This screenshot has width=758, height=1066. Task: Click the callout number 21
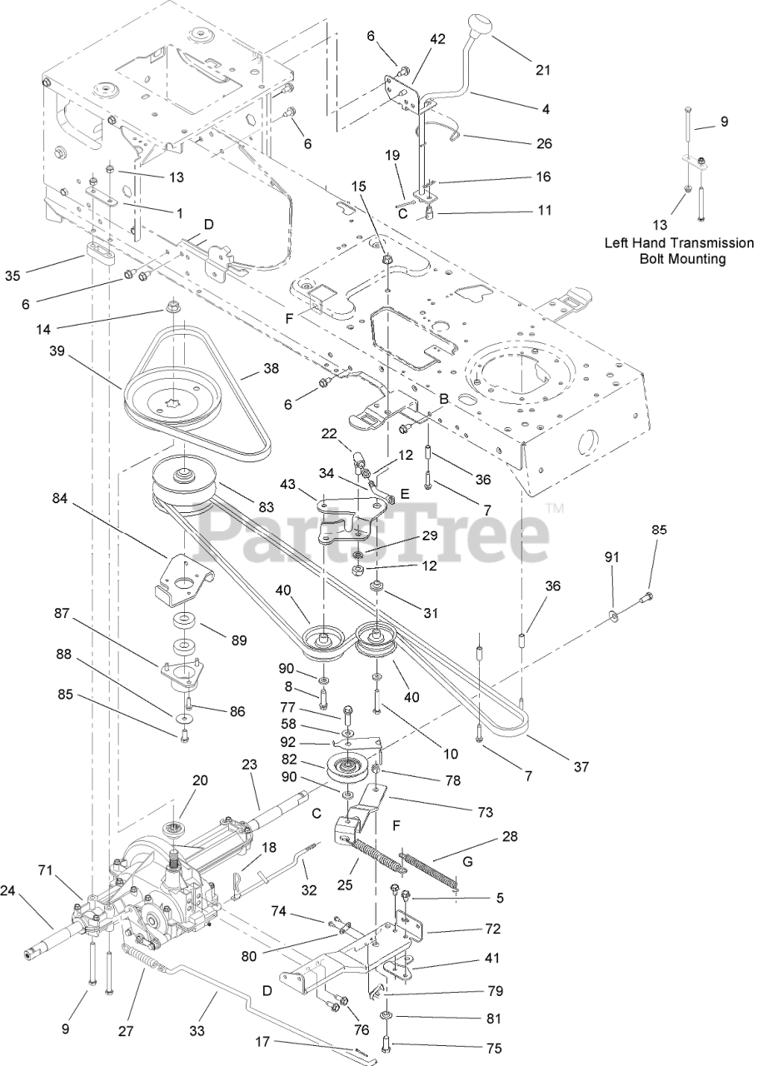tap(543, 71)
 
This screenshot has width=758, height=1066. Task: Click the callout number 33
tap(197, 1030)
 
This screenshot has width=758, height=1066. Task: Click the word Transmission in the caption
tap(696, 243)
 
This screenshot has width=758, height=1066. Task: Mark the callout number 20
tap(199, 780)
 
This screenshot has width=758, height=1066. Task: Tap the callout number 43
tap(287, 483)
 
